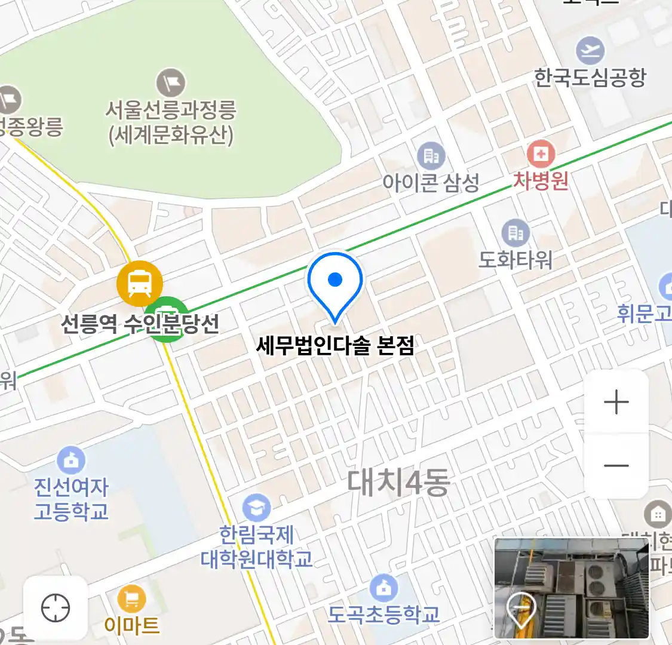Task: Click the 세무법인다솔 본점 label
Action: [335, 345]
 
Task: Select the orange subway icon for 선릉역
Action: [140, 283]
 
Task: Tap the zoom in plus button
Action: [616, 402]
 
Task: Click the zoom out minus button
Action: [616, 465]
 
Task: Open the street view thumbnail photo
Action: [572, 588]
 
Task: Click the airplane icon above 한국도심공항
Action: [590, 51]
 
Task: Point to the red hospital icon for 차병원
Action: [541, 155]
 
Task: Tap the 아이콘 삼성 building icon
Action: [431, 156]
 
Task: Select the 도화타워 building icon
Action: [515, 233]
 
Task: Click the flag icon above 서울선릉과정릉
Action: [171, 83]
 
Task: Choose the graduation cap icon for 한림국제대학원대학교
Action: [256, 508]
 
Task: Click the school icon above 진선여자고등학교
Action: [71, 460]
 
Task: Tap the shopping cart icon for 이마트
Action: [131, 598]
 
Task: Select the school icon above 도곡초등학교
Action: [383, 588]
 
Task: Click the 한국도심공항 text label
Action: [590, 78]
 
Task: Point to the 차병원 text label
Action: [541, 180]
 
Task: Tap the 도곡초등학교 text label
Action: [383, 615]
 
